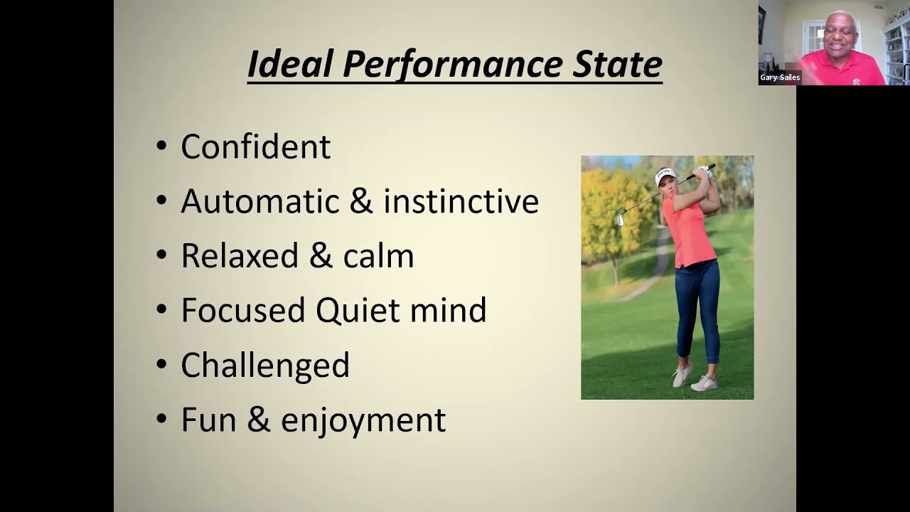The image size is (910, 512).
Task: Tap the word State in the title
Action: click(618, 64)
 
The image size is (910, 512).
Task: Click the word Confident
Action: click(255, 146)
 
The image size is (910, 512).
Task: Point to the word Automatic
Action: click(260, 201)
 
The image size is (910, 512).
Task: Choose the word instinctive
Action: click(461, 201)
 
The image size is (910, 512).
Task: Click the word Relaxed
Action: click(240, 255)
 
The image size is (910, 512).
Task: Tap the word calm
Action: click(379, 255)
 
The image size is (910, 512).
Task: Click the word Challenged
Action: click(265, 366)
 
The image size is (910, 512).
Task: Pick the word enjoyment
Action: click(363, 420)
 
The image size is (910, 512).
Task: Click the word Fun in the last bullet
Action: click(209, 420)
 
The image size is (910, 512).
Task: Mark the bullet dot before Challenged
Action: click(161, 364)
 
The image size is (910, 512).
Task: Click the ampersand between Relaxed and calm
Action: click(321, 255)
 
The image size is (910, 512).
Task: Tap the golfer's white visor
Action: click(665, 176)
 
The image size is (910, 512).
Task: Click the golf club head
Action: click(621, 220)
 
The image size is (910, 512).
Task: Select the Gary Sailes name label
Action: click(780, 78)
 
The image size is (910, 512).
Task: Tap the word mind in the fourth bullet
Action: click(448, 310)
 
